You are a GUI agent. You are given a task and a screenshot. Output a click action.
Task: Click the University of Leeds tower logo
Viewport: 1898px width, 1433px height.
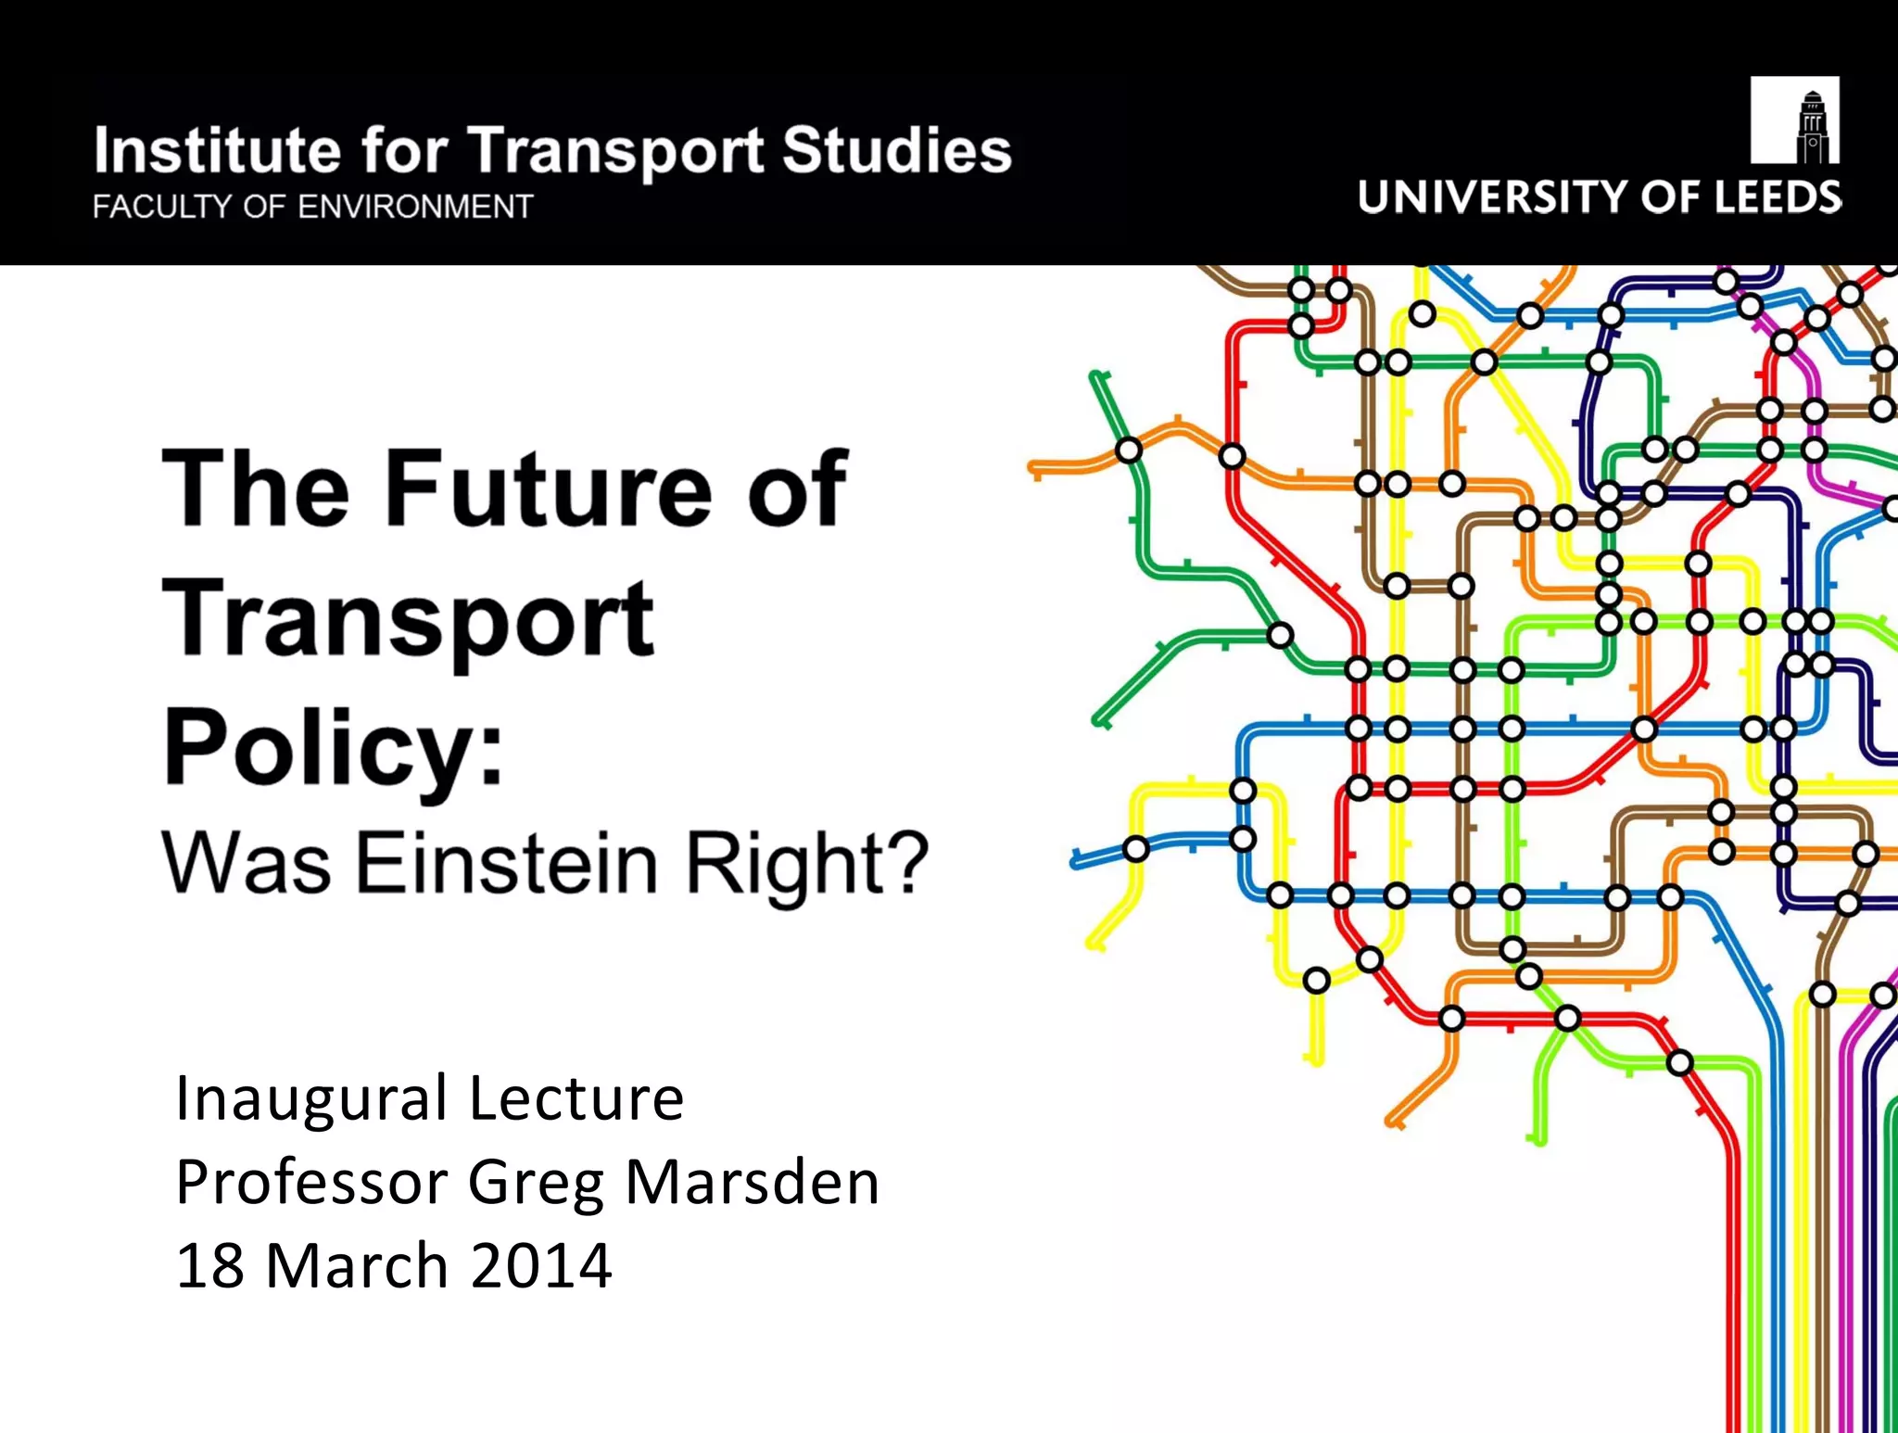[1794, 120]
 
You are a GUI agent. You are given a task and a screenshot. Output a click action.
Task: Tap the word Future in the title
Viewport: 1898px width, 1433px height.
[547, 488]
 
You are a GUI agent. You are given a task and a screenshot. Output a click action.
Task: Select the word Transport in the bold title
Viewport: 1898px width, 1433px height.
[408, 619]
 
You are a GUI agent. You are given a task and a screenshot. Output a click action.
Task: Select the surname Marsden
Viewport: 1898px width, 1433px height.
[752, 1183]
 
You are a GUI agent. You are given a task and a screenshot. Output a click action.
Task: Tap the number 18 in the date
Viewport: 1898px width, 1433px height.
[209, 1266]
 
